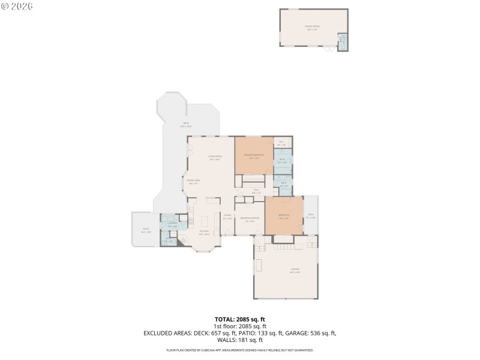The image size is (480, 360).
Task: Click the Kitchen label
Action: coord(203,232)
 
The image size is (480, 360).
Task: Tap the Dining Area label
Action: coord(193,181)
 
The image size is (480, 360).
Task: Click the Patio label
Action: coord(146,229)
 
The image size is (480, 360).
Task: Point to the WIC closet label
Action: coord(282,143)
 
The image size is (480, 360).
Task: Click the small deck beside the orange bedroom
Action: coord(311,217)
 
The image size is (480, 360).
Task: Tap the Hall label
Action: coord(256,191)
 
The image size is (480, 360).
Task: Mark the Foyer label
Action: coord(228,217)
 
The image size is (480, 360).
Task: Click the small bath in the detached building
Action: coord(343,41)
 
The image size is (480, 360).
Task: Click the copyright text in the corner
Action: coord(17,5)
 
